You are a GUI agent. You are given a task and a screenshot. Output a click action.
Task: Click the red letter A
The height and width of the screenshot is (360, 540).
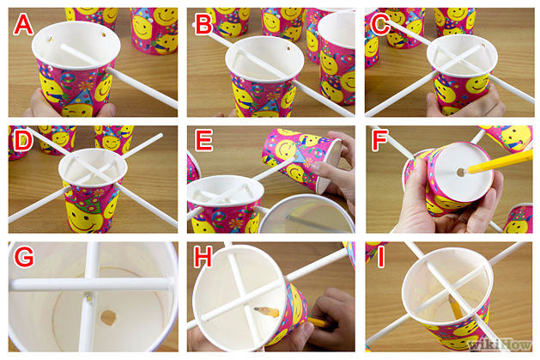pos(23,25)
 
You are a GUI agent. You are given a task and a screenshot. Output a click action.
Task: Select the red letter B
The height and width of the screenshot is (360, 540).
pos(203,25)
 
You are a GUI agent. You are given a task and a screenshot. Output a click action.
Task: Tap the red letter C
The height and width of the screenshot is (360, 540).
pos(380,25)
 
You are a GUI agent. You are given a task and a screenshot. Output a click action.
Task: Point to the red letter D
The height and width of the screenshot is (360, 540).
pos(22,141)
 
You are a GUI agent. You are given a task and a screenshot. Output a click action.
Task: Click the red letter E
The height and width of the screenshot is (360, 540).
pos(203,141)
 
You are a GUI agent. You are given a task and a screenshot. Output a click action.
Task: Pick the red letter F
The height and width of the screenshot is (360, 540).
pos(379,141)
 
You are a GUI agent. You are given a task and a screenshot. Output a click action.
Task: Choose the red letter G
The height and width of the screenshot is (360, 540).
pos(23,257)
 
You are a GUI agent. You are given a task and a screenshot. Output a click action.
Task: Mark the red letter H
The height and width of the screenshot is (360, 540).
pos(203,257)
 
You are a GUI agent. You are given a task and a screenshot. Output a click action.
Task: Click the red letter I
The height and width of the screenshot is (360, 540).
pos(380,257)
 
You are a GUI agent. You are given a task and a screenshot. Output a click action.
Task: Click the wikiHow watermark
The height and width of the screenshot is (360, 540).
pos(500,345)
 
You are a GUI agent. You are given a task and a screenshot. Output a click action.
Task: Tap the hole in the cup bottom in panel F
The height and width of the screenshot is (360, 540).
pos(461,172)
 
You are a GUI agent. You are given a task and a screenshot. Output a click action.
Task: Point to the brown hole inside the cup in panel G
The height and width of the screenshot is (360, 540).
pos(108,317)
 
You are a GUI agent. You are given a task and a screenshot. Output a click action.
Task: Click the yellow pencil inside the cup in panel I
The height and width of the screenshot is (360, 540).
pos(456,308)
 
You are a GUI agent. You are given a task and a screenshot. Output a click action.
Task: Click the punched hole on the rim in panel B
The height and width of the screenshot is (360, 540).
pos(288,48)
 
